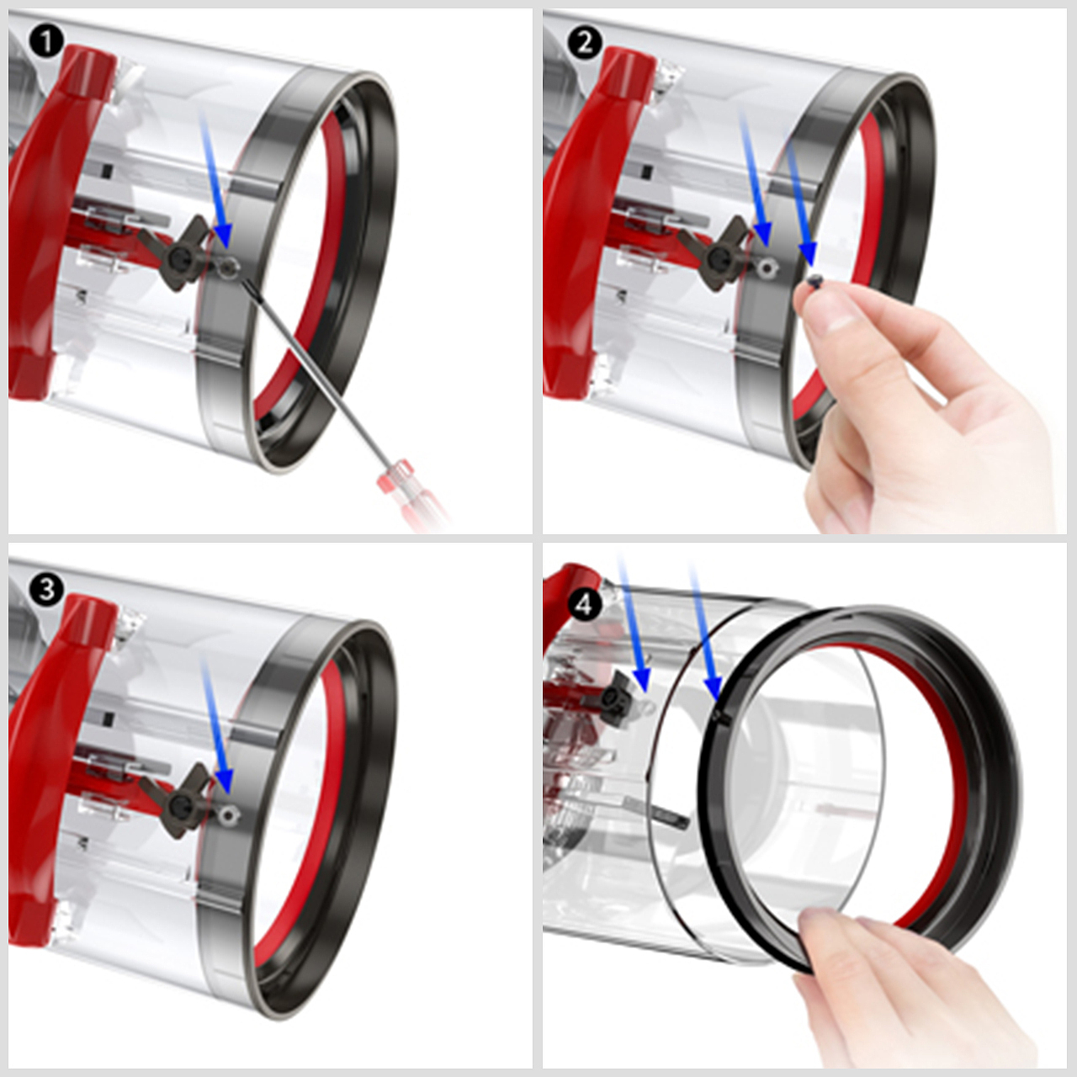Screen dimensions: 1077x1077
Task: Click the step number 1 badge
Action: pos(46,41)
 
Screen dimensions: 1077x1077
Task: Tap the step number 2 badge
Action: pos(585,41)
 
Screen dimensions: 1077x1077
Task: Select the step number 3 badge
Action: pos(46,590)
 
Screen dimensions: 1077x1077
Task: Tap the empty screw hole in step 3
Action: pos(228,814)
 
